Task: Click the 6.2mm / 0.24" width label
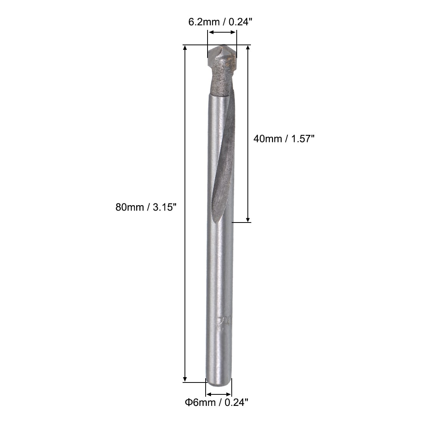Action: [x=220, y=22]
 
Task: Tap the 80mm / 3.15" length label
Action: [x=146, y=207]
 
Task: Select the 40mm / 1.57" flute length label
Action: [x=284, y=138]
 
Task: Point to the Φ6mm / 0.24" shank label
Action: [x=216, y=402]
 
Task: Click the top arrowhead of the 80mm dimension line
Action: [x=185, y=48]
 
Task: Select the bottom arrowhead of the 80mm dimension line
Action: [x=185, y=379]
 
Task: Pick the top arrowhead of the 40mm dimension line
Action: [x=248, y=48]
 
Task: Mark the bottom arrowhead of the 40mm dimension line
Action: [x=248, y=219]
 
